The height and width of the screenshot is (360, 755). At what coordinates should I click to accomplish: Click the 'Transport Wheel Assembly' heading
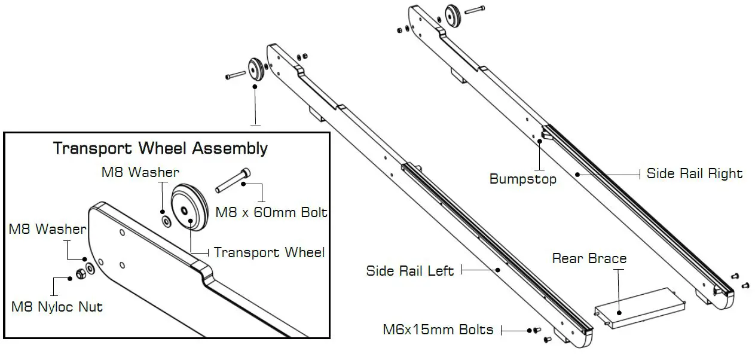(160, 148)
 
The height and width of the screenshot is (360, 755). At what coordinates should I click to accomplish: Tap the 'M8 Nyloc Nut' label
(57, 307)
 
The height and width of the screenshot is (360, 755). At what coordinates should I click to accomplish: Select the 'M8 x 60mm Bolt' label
(271, 212)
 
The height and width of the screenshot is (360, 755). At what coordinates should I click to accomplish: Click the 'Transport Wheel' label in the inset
(269, 252)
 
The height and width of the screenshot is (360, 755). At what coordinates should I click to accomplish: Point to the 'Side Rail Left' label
(410, 271)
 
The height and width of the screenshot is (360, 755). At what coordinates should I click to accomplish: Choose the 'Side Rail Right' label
(695, 174)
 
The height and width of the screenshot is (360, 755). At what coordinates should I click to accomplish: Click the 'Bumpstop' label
(522, 179)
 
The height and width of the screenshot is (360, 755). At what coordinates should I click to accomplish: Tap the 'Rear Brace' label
(589, 258)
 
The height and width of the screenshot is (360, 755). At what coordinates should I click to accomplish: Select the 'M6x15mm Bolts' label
(438, 330)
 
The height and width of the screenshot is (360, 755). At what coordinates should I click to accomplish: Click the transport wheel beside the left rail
(256, 69)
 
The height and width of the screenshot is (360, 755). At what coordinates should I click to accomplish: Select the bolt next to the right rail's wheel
(474, 10)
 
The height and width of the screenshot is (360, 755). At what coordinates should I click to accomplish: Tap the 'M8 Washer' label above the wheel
(140, 173)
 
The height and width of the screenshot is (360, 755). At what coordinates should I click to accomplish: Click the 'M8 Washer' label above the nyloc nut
(47, 229)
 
